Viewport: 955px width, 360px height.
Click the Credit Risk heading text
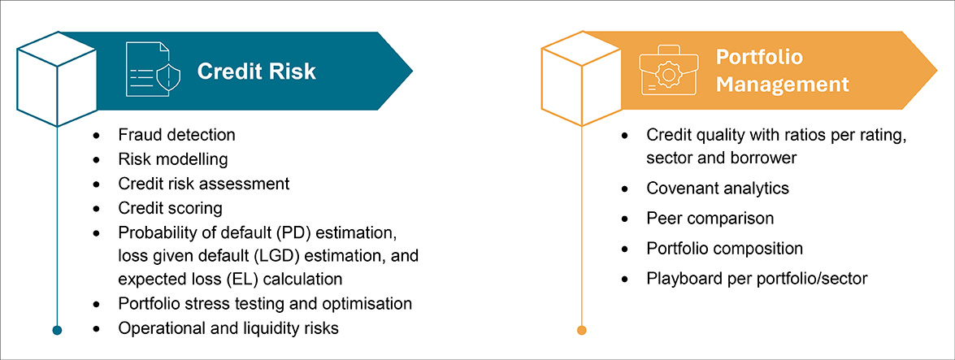coord(256,72)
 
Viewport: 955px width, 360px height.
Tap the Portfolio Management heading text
coord(782,71)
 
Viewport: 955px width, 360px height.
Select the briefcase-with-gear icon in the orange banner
coord(668,72)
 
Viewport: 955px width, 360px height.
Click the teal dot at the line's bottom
coord(57,329)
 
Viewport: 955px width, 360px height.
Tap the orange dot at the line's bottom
coord(581,329)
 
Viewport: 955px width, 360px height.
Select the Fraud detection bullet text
coord(176,135)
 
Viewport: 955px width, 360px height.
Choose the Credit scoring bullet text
coord(170,209)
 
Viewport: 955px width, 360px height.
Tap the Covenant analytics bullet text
coord(718,189)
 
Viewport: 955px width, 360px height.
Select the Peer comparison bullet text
coord(710,219)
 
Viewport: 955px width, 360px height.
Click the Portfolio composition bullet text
coord(724,249)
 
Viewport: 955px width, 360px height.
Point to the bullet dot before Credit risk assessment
coord(98,184)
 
